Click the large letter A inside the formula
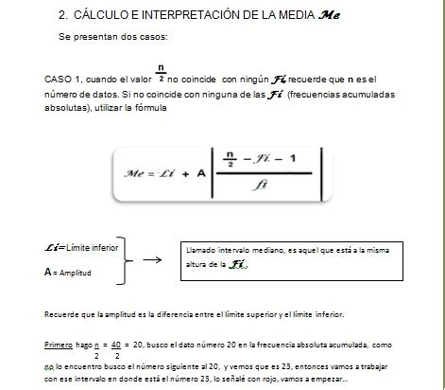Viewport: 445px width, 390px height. point(202,173)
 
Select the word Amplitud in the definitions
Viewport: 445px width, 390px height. point(77,272)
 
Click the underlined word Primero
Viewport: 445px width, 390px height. point(60,346)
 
